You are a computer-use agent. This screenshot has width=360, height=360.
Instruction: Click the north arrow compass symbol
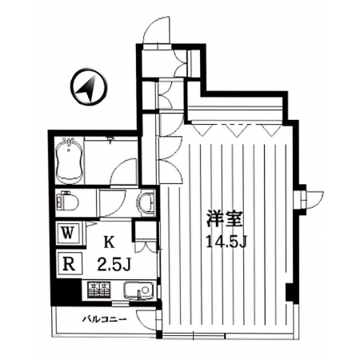[89, 86]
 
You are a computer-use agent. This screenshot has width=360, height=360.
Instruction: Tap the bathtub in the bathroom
[70, 160]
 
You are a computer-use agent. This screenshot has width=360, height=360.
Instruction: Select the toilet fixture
[68, 203]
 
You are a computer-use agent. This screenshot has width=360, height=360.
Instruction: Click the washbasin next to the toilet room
[146, 203]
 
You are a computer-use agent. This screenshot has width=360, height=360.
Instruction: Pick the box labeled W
[69, 234]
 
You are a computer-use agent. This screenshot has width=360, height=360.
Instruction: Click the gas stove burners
[98, 290]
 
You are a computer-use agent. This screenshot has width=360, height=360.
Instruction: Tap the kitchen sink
[138, 290]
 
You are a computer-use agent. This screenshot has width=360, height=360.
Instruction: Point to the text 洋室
[226, 218]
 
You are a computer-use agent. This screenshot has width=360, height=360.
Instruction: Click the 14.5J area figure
[226, 242]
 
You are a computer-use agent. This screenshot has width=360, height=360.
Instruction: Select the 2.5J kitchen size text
[114, 264]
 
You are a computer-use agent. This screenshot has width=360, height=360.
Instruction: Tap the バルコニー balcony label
[104, 319]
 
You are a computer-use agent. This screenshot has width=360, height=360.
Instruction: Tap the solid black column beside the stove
[66, 292]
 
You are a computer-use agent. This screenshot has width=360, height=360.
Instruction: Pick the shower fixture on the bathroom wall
[111, 140]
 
